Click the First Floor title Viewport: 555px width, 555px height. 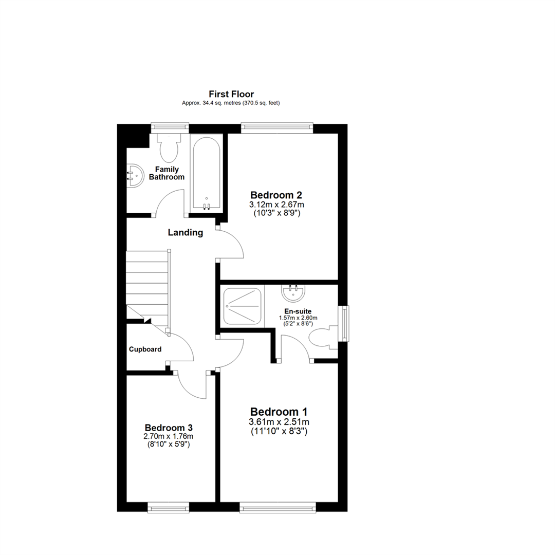pyautogui.click(x=231, y=94)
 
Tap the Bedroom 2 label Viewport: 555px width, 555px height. pyautogui.click(x=276, y=195)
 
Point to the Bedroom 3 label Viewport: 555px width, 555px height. pyautogui.click(x=169, y=428)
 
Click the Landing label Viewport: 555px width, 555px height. pyautogui.click(x=186, y=233)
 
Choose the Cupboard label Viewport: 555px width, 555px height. pyautogui.click(x=145, y=349)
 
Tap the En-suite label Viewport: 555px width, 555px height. pyautogui.click(x=298, y=311)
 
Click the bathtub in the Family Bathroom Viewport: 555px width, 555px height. pyautogui.click(x=207, y=174)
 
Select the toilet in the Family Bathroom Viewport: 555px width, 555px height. pyautogui.click(x=169, y=147)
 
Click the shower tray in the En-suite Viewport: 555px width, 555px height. pyautogui.click(x=243, y=306)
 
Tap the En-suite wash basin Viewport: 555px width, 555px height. pyautogui.click(x=294, y=293)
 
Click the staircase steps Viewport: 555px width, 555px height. pyautogui.click(x=148, y=288)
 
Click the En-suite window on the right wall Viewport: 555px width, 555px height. pyautogui.click(x=343, y=323)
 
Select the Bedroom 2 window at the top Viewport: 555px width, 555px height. pyautogui.click(x=277, y=128)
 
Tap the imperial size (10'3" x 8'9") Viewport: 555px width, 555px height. pyautogui.click(x=276, y=213)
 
